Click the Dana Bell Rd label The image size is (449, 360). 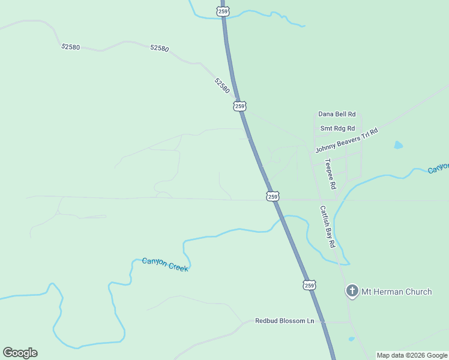click(x=337, y=114)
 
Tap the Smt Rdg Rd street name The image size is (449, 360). click(x=337, y=128)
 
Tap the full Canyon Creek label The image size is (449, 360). click(x=165, y=265)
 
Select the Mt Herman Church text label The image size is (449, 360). click(x=396, y=292)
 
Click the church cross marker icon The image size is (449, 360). click(x=352, y=292)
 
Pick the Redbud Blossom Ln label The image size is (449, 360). click(x=285, y=321)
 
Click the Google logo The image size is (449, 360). click(x=20, y=353)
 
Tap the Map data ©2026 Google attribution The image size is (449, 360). click(x=412, y=355)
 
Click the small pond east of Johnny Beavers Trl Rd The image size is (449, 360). click(x=398, y=145)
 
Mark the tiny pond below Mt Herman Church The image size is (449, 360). click(x=351, y=339)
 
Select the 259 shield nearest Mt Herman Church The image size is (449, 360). click(x=309, y=286)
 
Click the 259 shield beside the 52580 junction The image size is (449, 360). click(x=240, y=106)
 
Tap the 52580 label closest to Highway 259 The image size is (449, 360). click(x=221, y=85)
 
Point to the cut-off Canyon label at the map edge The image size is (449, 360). click(x=438, y=169)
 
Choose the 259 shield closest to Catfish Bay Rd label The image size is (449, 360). click(x=273, y=196)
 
